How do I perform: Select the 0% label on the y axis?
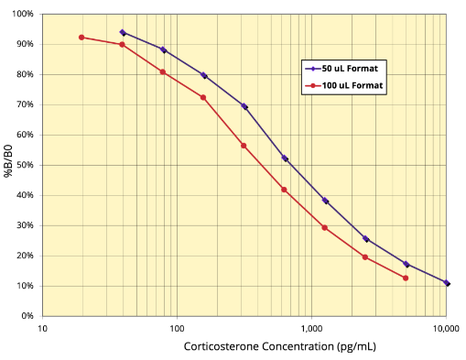click(x=26, y=316)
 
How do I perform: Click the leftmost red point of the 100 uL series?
click(x=81, y=38)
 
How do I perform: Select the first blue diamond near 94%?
click(x=123, y=32)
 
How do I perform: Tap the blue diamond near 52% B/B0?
click(x=285, y=158)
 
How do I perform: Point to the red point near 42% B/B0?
click(x=284, y=190)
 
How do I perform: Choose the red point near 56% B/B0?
click(x=244, y=146)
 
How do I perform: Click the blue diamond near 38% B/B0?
click(x=325, y=201)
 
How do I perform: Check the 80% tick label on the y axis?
click(x=23, y=75)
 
